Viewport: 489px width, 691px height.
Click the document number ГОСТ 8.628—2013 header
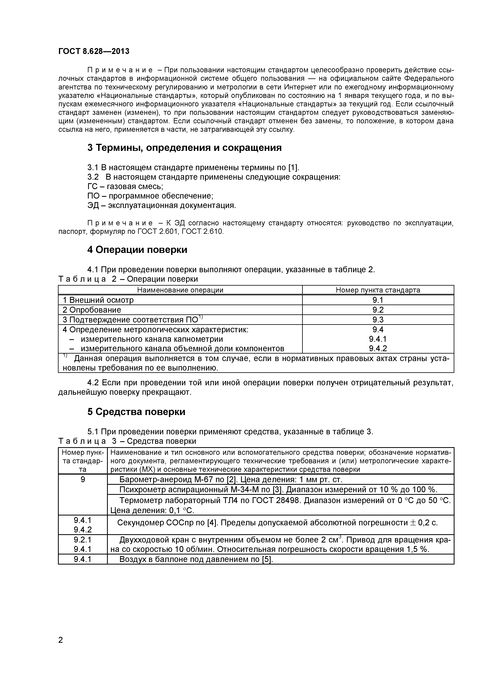click(x=94, y=51)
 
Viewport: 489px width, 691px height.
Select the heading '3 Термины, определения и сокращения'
click(x=184, y=148)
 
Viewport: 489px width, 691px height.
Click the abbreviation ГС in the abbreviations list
click(x=92, y=187)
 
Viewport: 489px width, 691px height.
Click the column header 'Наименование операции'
click(x=180, y=290)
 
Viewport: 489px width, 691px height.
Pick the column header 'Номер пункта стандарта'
click(x=378, y=290)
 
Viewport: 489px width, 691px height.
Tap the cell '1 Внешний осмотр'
click(x=98, y=300)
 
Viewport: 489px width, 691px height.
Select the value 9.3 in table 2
click(x=378, y=320)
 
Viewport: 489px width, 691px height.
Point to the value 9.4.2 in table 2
click(x=378, y=348)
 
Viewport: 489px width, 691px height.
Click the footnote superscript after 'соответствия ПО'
click(x=201, y=317)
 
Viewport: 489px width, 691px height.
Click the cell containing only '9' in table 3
click(x=83, y=480)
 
